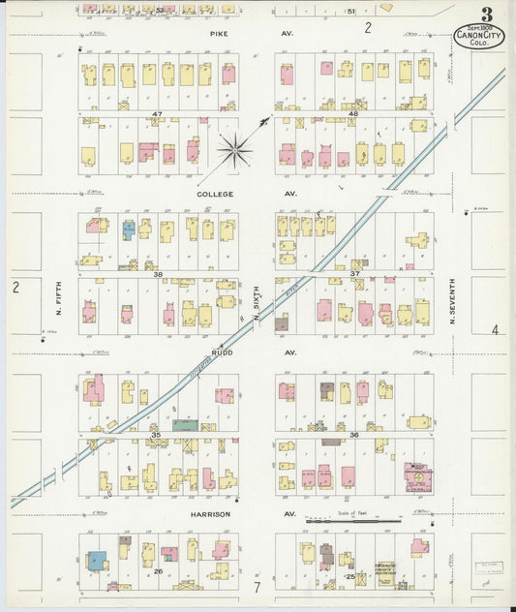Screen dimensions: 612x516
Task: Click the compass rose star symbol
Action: point(235,149)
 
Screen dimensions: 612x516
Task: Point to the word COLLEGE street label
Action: point(215,194)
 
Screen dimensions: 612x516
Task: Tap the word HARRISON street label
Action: point(210,514)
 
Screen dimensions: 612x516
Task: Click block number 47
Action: point(156,114)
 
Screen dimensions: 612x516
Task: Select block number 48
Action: point(352,114)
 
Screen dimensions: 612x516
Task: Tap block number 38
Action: point(156,274)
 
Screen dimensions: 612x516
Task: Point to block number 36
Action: point(353,435)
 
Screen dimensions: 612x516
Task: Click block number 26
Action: point(157,571)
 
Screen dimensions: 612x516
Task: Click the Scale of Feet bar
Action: point(352,521)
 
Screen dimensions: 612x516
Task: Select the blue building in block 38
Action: point(128,230)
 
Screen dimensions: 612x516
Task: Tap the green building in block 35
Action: point(185,424)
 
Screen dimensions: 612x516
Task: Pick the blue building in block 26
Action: point(97,561)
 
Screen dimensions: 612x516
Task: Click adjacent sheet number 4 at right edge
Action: point(494,330)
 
